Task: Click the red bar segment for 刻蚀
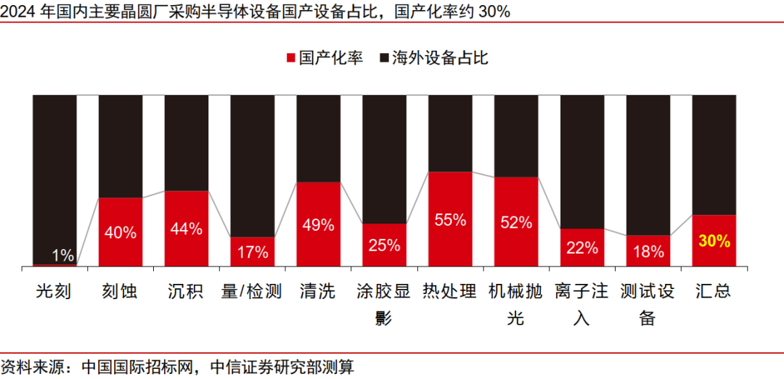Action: pyautogui.click(x=121, y=232)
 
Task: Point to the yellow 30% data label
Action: pyautogui.click(x=714, y=241)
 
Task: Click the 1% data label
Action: pyautogui.click(x=63, y=256)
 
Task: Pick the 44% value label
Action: pyautogui.click(x=187, y=229)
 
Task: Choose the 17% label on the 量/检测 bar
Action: pyautogui.click(x=253, y=252)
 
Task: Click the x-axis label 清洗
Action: pyautogui.click(x=318, y=292)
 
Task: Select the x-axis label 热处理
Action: pyautogui.click(x=450, y=292)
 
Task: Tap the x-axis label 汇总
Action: pyautogui.click(x=713, y=292)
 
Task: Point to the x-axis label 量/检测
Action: pyautogui.click(x=252, y=292)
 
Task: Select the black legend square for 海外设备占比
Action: pyautogui.click(x=385, y=58)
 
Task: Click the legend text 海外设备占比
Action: pyautogui.click(x=440, y=58)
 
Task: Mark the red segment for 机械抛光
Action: pyautogui.click(x=516, y=222)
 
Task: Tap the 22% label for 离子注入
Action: pyautogui.click(x=582, y=248)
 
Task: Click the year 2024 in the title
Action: pyautogui.click(x=17, y=11)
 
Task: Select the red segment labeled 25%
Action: pyautogui.click(x=384, y=245)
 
